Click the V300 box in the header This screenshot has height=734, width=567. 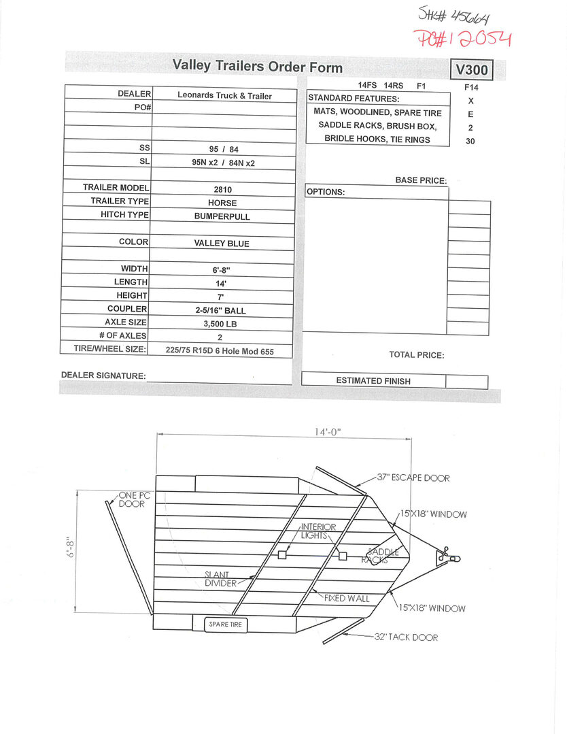471,70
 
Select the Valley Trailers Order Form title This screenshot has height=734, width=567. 258,66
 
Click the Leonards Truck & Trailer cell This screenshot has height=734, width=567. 224,96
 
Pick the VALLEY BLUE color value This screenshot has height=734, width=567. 222,244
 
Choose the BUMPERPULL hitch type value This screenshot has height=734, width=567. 222,216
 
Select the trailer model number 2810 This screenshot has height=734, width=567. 222,190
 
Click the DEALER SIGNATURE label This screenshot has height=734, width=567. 103,376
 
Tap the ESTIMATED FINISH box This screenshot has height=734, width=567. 373,381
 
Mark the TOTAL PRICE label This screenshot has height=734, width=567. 416,355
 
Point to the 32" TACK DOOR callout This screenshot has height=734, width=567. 406,637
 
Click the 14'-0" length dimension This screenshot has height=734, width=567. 327,432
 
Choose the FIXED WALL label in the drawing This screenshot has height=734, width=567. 347,599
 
